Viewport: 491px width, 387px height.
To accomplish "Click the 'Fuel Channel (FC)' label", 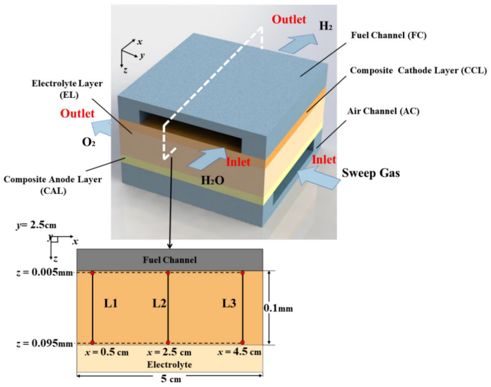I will pos(388,35).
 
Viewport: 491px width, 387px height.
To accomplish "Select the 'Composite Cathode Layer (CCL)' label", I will pos(418,70).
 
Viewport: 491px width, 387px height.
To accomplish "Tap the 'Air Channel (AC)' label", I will pos(383,111).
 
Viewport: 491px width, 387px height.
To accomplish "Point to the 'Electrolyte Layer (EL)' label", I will pos(67,89).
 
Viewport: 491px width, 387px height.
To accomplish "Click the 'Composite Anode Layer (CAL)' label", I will pos(53,185).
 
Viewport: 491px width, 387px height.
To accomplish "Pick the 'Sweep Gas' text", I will pos(371,173).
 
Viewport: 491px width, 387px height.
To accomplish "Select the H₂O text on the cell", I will pos(212,180).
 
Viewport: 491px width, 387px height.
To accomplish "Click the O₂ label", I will pos(89,142).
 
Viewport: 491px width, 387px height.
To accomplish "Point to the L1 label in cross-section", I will pos(111,303).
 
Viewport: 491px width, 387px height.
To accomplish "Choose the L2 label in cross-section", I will pos(159,303).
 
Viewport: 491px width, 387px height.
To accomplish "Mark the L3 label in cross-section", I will pos(229,303).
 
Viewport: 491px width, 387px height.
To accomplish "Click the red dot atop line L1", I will pos(93,273).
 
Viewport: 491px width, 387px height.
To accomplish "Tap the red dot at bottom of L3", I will pos(243,342).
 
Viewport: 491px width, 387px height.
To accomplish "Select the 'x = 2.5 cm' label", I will pos(169,353).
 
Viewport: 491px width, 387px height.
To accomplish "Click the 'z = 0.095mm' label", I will pos(44,343).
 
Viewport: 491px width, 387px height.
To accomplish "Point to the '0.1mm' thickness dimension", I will pos(278,308).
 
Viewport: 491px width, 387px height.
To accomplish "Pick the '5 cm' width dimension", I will pos(171,379).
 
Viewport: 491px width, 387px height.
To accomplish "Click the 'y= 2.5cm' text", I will pos(36,225).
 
